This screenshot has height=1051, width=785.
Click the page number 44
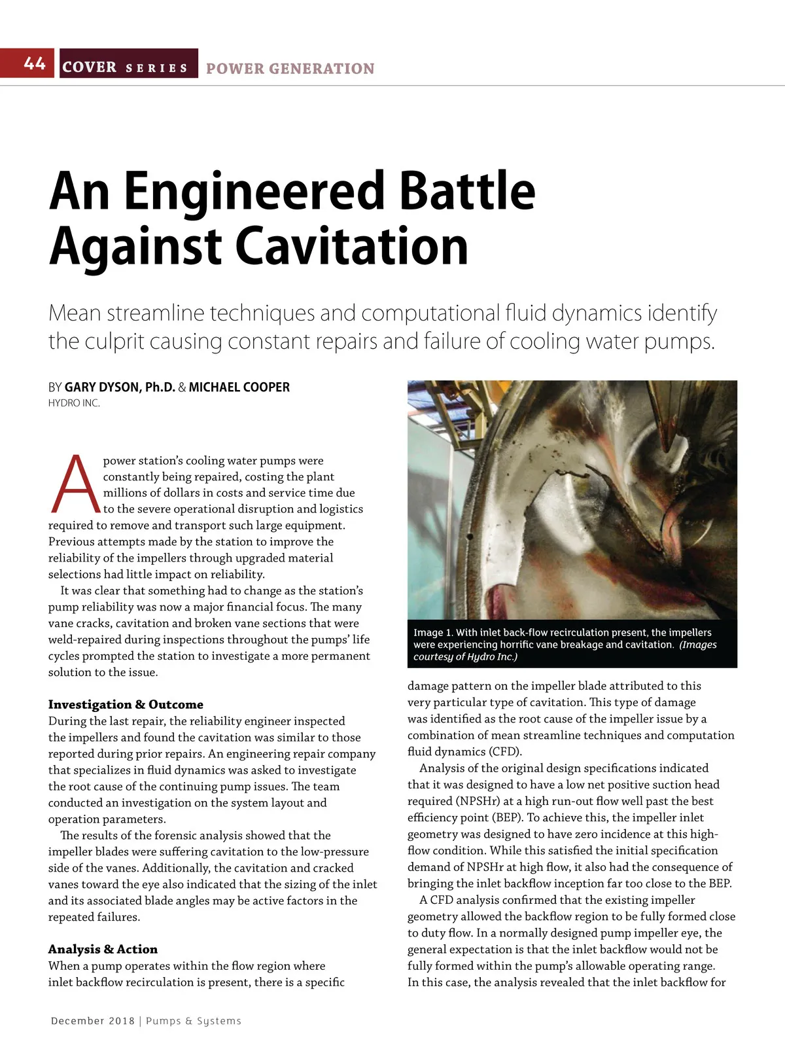click(34, 63)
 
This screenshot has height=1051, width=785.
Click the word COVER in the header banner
click(90, 67)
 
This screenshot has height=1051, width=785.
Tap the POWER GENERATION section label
click(290, 69)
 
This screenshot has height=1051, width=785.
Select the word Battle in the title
click(466, 190)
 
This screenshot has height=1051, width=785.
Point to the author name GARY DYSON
click(102, 387)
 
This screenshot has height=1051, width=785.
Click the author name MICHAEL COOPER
click(239, 387)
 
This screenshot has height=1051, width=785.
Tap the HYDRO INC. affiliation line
click(74, 403)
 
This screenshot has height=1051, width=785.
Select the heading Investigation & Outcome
click(126, 704)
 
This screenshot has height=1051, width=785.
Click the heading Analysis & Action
click(103, 949)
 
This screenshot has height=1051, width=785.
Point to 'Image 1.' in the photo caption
click(433, 632)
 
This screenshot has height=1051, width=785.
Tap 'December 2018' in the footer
click(92, 1021)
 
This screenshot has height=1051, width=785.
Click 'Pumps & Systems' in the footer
click(194, 1021)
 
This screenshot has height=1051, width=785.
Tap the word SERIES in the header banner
click(156, 68)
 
